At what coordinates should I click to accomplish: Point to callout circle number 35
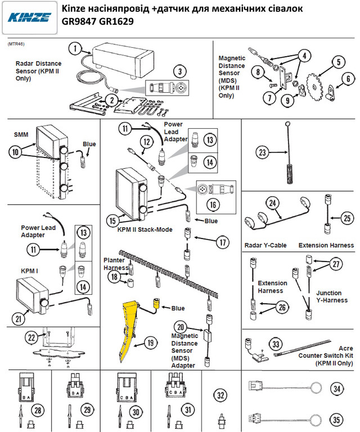336,419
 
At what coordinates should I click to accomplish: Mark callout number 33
276,343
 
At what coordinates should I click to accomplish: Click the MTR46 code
16,43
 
